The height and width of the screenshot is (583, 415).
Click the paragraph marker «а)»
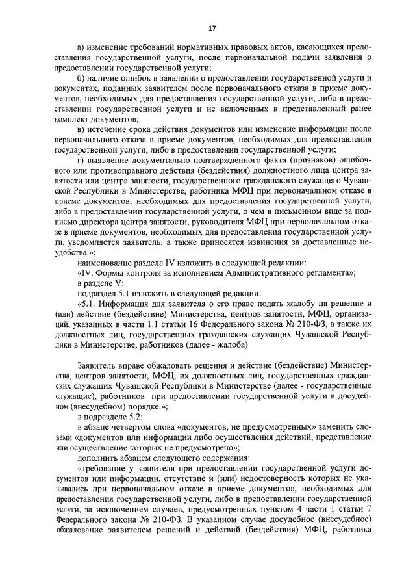click(x=81, y=48)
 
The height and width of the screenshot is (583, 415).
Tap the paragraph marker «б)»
click(x=81, y=77)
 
